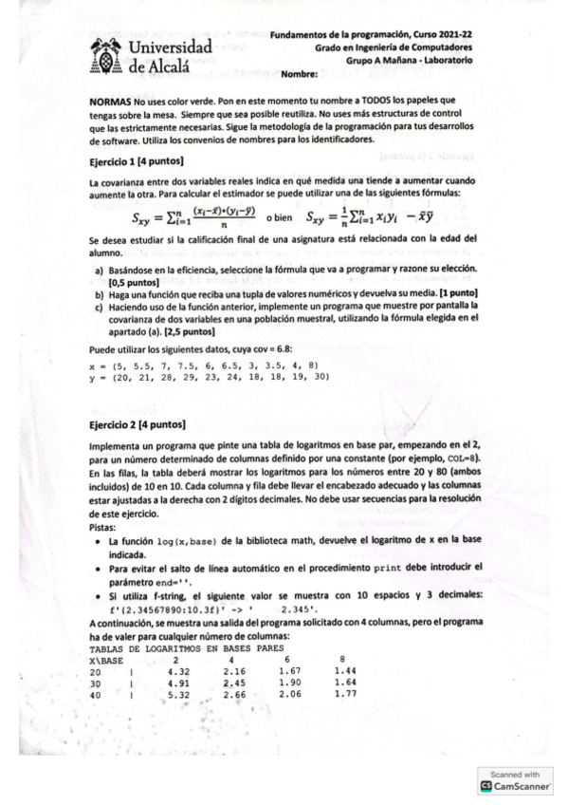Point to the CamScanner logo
click(518, 786)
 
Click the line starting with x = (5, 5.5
click(202, 365)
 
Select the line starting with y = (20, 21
click(208, 376)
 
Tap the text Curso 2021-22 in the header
click(442, 34)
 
